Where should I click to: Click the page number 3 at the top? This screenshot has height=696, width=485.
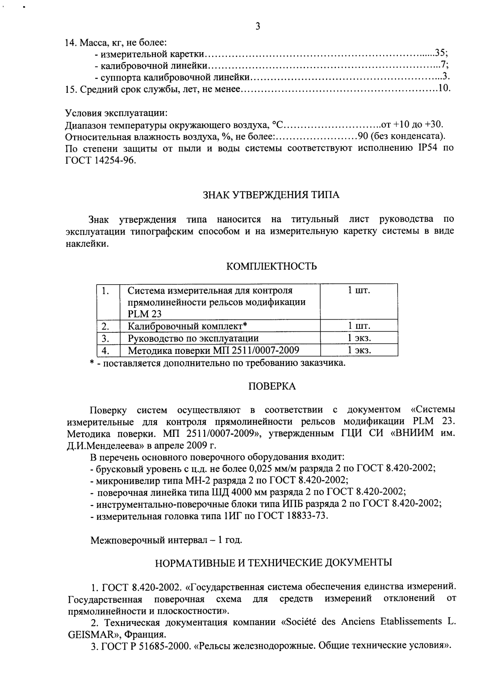click(257, 26)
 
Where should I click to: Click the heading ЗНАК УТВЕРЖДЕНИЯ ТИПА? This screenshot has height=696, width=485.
click(272, 195)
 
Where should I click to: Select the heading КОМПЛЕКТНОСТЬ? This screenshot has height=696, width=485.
click(272, 267)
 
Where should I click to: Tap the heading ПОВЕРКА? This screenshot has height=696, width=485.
click(272, 386)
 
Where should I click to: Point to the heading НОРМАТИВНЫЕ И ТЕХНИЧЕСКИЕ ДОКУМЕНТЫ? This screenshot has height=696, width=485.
click(273, 562)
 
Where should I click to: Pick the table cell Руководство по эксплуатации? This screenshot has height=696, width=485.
click(193, 338)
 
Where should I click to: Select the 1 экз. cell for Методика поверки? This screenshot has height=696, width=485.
click(360, 350)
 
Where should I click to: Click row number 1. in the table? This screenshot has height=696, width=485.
click(106, 291)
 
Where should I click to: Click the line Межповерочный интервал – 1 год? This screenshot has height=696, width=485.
click(166, 540)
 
